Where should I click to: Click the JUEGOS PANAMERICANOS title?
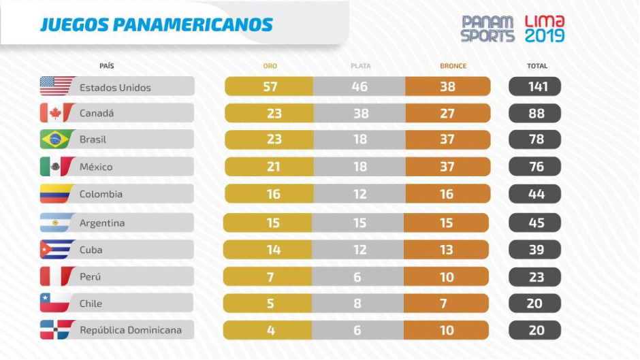point(157,25)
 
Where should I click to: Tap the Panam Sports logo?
point(487,29)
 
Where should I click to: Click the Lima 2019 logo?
point(544,29)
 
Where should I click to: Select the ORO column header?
point(270,66)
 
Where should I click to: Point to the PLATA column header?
point(361,66)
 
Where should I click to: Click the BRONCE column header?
point(453,66)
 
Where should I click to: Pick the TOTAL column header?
point(537,66)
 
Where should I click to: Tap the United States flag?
point(57,86)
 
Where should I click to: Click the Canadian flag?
point(57,113)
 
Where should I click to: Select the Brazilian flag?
point(57,140)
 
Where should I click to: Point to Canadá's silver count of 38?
point(361,113)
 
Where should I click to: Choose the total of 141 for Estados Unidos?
point(535,86)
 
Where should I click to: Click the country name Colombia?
point(101,194)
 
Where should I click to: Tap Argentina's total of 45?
point(536,223)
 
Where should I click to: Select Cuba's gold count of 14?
point(273,250)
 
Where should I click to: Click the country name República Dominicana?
point(131,330)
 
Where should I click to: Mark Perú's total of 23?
point(535,276)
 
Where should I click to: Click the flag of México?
point(57,167)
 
